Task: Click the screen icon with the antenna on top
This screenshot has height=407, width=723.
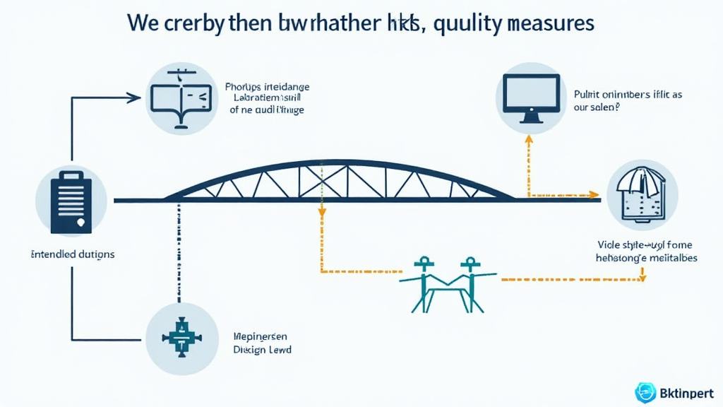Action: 181,98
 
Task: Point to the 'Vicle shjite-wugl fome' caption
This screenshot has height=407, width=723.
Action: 644,245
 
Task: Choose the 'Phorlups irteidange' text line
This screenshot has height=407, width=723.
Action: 268,87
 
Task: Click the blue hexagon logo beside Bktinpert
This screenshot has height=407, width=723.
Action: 645,392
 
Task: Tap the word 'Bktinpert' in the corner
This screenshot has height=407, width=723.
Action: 686,393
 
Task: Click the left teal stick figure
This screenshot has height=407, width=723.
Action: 423,283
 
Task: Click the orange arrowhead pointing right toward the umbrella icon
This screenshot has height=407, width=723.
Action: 595,195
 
